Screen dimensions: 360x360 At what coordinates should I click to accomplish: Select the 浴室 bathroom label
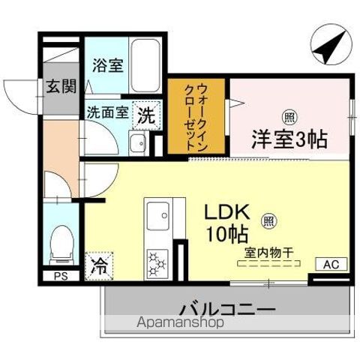point(106,64)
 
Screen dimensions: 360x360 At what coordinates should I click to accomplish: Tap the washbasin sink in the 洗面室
point(137,143)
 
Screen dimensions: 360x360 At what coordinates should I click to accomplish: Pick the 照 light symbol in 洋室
point(289,116)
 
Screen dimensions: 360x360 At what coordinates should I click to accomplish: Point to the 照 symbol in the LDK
point(267,221)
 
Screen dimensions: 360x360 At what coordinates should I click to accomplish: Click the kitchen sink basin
point(159,216)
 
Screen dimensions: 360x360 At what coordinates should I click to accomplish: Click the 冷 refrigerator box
point(98,265)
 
